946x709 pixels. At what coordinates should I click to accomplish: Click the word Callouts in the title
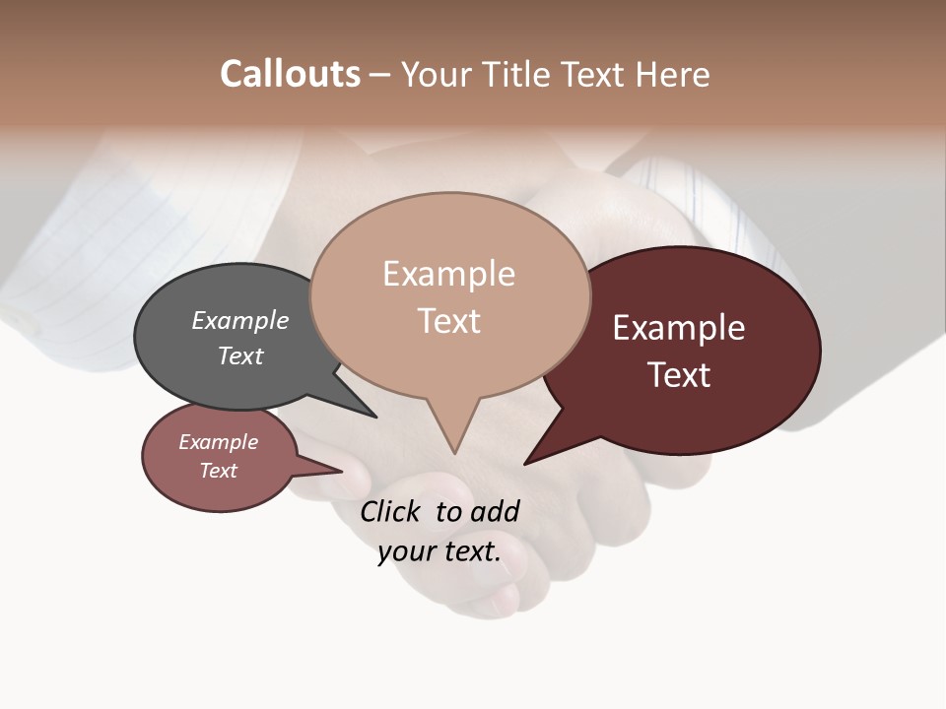point(290,74)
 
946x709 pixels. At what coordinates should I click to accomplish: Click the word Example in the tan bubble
point(448,274)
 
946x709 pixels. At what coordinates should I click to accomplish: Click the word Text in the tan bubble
point(449,321)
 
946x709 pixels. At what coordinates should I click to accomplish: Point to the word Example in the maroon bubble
point(679,328)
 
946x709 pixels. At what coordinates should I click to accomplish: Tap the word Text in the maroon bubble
point(679,375)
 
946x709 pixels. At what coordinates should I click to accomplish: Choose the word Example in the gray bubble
point(239,321)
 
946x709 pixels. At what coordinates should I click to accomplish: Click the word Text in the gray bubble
point(239,355)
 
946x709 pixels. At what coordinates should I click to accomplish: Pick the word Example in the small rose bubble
point(218,442)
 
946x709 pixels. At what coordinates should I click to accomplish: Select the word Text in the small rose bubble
point(218,471)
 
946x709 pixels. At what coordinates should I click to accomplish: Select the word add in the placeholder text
point(496,511)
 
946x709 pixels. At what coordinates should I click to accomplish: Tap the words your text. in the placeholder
point(439,551)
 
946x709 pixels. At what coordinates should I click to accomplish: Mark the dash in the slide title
point(380,76)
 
